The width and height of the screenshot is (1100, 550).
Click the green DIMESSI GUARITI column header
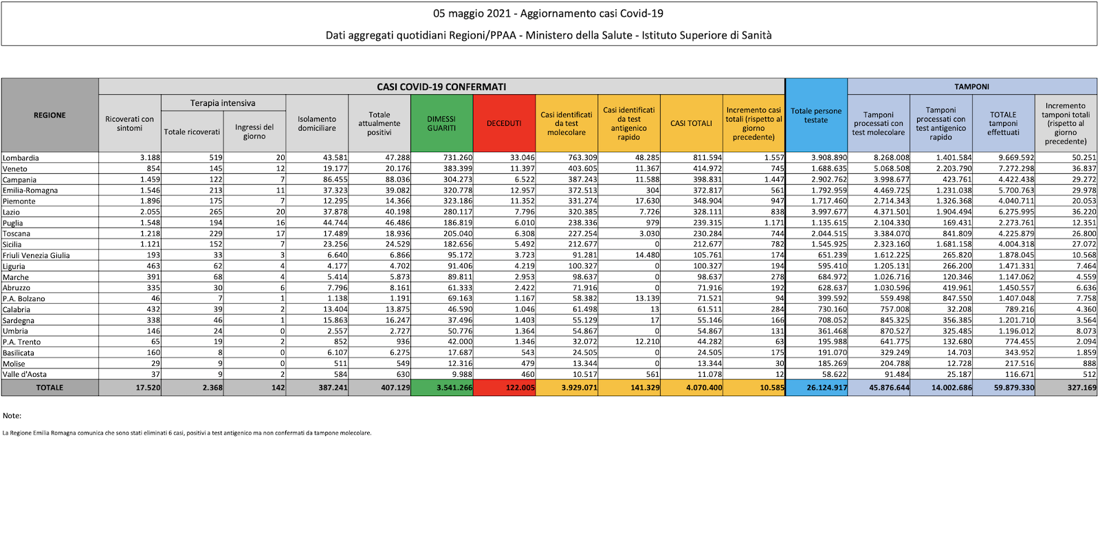click(x=441, y=123)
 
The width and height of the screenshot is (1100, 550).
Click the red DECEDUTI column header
click(x=504, y=123)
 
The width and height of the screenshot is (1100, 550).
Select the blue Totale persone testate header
click(x=816, y=115)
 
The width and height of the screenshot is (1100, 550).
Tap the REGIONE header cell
click(x=49, y=115)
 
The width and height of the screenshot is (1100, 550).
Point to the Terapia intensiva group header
click(x=223, y=103)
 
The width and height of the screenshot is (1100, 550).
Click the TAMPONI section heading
click(x=971, y=87)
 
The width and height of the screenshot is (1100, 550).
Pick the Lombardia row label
click(x=21, y=158)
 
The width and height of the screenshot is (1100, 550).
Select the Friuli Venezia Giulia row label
click(x=36, y=256)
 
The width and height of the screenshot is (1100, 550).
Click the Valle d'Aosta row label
click(x=25, y=375)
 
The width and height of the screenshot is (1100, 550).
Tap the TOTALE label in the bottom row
click(x=49, y=388)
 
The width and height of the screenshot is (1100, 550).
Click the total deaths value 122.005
click(x=520, y=388)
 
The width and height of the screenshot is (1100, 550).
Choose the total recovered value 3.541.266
click(x=454, y=388)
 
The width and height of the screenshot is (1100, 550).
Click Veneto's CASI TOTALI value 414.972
click(x=707, y=169)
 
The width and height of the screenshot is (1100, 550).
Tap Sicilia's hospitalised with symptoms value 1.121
click(x=150, y=245)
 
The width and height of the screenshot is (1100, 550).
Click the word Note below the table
click(x=12, y=416)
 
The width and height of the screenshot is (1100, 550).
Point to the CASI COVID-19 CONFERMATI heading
click(x=441, y=87)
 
